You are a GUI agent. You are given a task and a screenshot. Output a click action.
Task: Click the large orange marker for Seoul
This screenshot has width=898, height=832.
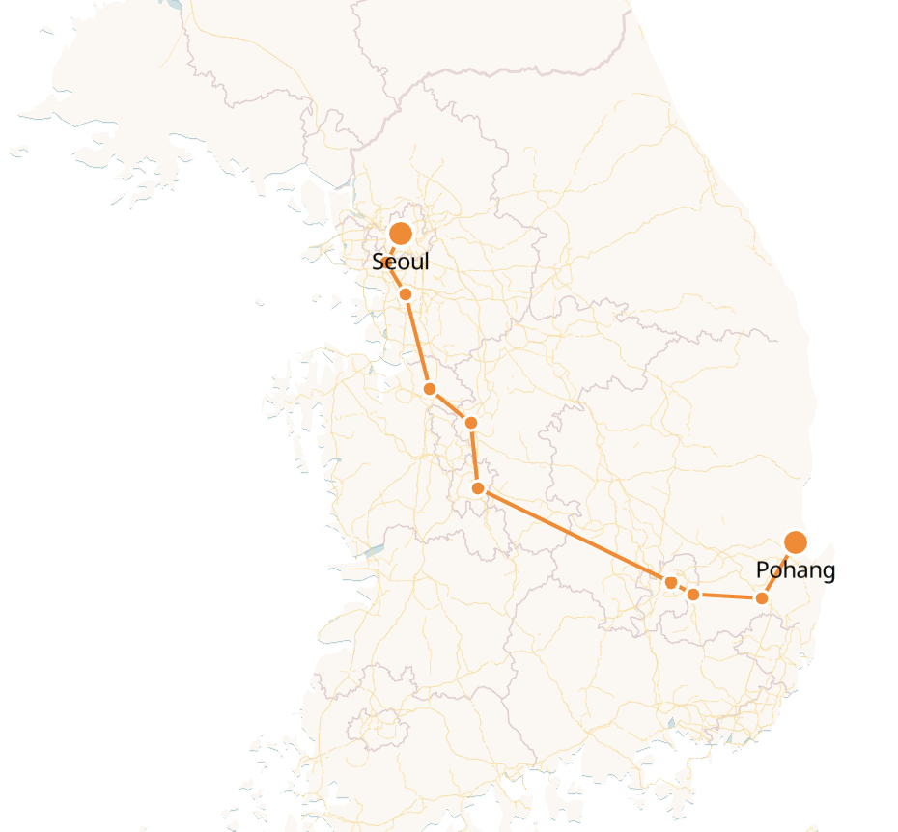[x=401, y=234]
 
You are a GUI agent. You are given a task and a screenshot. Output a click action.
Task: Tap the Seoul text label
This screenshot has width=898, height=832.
[x=401, y=262]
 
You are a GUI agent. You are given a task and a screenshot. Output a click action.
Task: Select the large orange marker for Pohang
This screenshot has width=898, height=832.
[x=796, y=542]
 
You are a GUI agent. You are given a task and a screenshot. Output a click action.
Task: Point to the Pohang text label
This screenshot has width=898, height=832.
[x=795, y=570]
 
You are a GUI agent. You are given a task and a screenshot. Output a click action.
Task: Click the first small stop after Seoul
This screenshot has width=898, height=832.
[x=406, y=294]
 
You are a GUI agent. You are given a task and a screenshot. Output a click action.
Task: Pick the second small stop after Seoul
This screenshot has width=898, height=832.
[x=430, y=389]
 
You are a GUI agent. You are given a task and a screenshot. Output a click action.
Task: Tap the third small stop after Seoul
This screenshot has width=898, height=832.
[x=471, y=422]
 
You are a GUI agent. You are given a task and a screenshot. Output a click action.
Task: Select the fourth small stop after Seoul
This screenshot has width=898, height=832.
[x=477, y=488]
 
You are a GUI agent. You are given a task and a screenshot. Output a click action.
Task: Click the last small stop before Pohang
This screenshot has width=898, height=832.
[x=761, y=598]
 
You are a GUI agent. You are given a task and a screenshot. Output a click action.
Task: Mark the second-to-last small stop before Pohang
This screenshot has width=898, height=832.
[x=693, y=594]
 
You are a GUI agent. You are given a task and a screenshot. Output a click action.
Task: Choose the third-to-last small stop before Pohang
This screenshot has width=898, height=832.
[x=671, y=582]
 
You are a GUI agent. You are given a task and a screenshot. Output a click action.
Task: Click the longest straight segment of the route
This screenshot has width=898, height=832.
[x=574, y=535]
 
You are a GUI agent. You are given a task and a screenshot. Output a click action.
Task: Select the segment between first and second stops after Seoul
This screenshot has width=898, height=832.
[x=417, y=342]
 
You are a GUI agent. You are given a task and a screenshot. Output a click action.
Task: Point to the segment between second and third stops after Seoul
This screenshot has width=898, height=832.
[x=450, y=405]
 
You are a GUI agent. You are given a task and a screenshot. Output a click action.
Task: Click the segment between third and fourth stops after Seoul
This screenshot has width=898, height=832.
[x=474, y=456]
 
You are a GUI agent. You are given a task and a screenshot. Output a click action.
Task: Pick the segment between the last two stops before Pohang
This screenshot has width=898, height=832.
[x=727, y=596]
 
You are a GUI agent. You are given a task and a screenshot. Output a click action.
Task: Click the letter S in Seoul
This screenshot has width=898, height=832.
[x=379, y=262]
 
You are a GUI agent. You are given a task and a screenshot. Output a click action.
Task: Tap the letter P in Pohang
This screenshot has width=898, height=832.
[x=762, y=570]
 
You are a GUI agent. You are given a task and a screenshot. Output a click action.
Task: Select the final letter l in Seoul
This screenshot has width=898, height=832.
[x=426, y=262]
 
